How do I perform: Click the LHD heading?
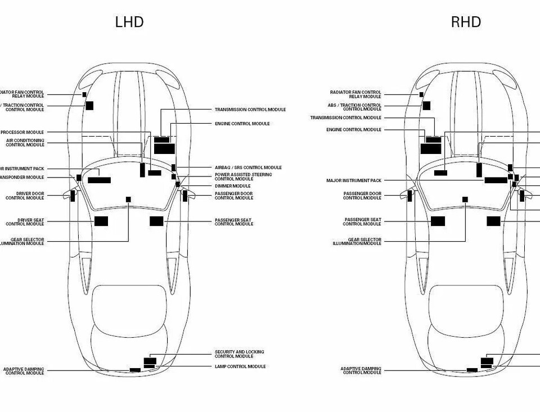129,22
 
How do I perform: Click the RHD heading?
466,22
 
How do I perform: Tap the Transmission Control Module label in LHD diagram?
250,110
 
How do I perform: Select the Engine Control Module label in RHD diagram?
353,130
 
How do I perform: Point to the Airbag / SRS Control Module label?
248,167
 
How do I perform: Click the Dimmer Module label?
232,186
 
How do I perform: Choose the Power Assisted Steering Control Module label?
243,176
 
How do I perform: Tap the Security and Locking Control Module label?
239,354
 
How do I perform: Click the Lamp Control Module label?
240,366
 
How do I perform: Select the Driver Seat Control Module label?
25,222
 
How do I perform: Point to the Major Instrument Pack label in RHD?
353,181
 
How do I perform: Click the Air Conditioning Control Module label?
25,143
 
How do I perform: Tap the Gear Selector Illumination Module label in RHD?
357,242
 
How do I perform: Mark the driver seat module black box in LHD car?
101,221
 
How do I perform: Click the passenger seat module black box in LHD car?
156,221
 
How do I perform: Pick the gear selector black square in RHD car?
465,200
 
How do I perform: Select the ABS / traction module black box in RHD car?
426,106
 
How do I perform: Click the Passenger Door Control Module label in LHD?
233,196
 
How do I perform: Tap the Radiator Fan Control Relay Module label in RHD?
355,94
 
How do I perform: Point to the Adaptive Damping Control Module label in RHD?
361,371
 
